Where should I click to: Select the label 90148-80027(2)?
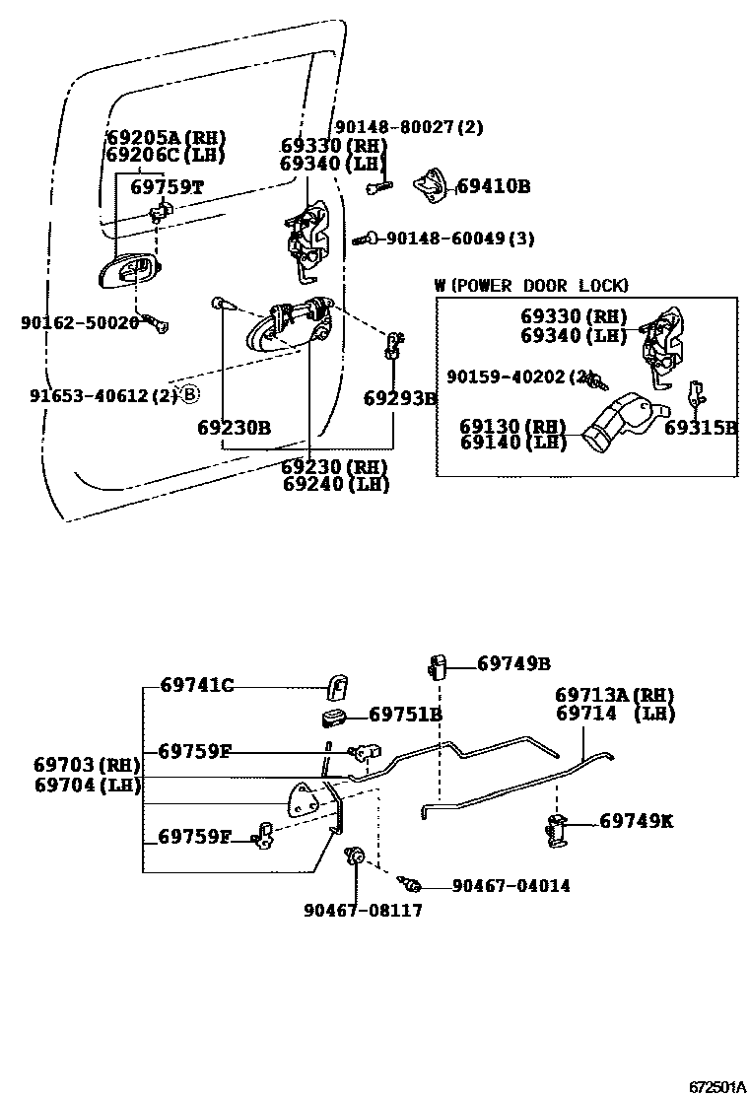[409, 127]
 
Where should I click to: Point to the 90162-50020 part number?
[80, 321]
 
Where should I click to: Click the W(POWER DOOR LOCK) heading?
[531, 285]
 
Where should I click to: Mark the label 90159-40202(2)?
[518, 377]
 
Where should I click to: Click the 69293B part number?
[399, 398]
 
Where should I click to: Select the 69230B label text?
[234, 427]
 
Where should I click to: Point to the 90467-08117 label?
[363, 910]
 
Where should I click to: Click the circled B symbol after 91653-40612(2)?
[190, 394]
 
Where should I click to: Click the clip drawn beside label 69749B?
[439, 665]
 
